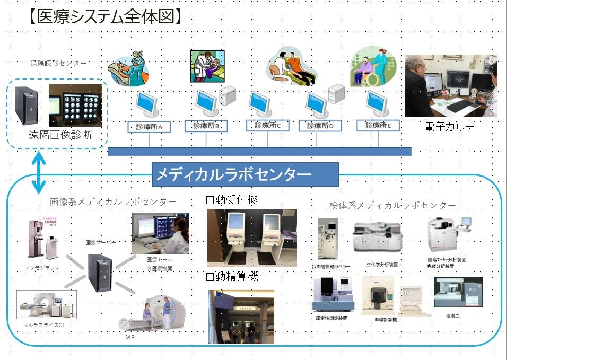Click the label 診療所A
pyautogui.click(x=149, y=127)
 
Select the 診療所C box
pyautogui.click(x=267, y=126)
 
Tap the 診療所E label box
pyautogui.click(x=378, y=126)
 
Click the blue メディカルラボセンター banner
pyautogui.click(x=245, y=174)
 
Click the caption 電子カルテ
pyautogui.click(x=450, y=127)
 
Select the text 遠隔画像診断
pyautogui.click(x=60, y=136)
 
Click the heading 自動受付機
pyautogui.click(x=231, y=200)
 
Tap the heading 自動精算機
pyautogui.click(x=232, y=277)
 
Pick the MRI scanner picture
pyautogui.click(x=154, y=313)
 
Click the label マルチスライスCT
pyautogui.click(x=45, y=324)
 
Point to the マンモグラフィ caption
pyautogui.click(x=42, y=268)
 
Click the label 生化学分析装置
pyautogui.click(x=382, y=264)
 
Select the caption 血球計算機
pyautogui.click(x=385, y=320)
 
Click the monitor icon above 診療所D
pyautogui.click(x=317, y=104)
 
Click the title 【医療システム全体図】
pyautogui.click(x=104, y=17)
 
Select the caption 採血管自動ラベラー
pyautogui.click(x=331, y=266)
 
